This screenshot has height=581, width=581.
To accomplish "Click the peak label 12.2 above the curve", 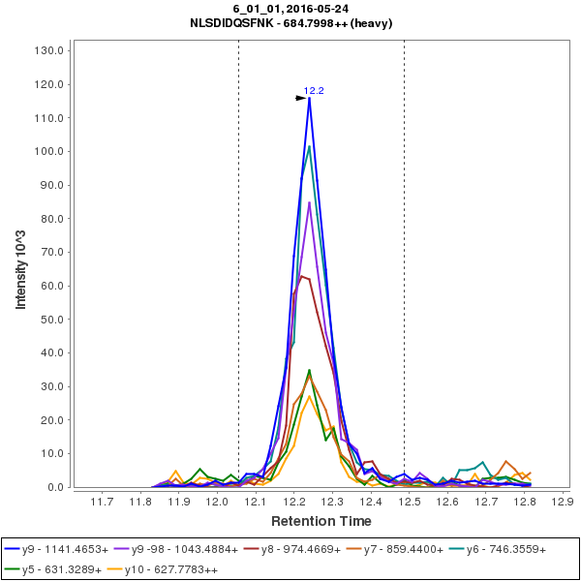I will coord(314,91).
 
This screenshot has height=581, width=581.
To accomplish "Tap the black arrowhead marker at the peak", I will coord(301,98).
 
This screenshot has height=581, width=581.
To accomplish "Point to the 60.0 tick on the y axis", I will coord(54,286).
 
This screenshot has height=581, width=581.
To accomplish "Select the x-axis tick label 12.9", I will coord(561,502).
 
